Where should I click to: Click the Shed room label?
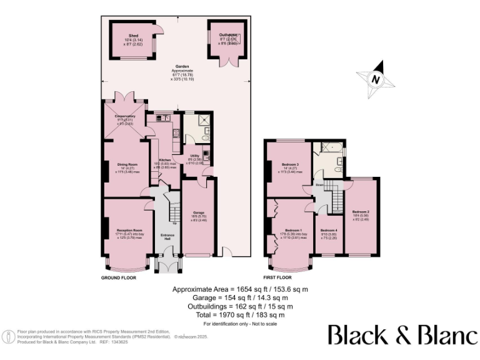point(133,36)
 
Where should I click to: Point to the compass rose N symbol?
point(375,79)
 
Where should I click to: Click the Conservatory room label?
point(125,116)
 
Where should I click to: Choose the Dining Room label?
point(127,165)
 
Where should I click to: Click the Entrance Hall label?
point(167,237)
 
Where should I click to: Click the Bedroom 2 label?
point(361,212)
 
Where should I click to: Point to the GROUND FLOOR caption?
point(119,277)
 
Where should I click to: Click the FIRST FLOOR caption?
point(277,277)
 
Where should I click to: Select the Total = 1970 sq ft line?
point(240,315)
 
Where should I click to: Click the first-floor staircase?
point(336,199)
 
